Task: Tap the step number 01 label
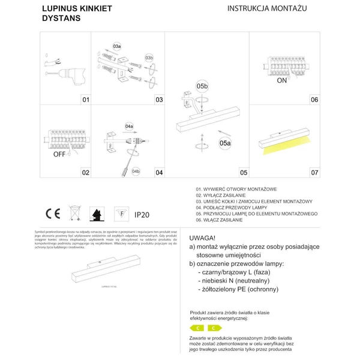[x=86, y=100]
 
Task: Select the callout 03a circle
[x=117, y=46]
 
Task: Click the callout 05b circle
[x=202, y=86]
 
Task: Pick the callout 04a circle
[x=129, y=127]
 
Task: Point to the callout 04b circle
[x=136, y=172]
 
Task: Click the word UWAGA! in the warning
[x=203, y=238]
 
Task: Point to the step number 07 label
[x=314, y=172]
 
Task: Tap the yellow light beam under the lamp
[x=286, y=146]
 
